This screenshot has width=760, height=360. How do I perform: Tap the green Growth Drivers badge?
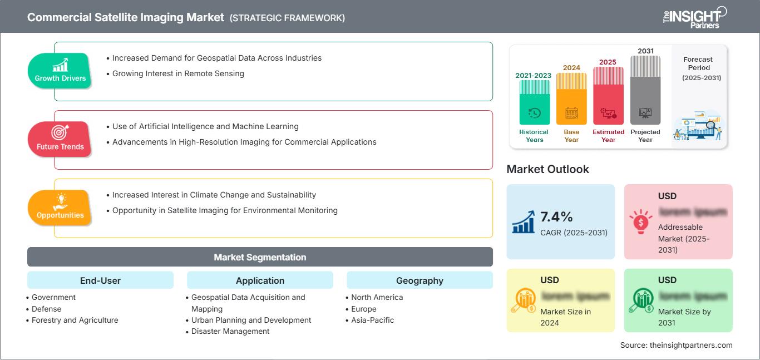coord(60,70)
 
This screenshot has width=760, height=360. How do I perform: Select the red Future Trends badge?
coord(60,139)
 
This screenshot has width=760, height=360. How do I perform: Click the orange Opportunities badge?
coord(60,207)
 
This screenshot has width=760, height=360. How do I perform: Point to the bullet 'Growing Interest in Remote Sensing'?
coord(178,73)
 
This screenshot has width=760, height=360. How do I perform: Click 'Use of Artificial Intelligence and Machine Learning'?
coord(205,126)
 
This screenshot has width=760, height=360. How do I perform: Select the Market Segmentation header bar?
coord(260,257)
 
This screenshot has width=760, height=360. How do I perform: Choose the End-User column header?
coord(100,280)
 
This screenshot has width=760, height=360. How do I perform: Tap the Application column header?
coord(260,280)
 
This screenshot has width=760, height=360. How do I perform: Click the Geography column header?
coord(420,280)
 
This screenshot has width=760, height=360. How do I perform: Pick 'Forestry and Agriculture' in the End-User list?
coord(75,320)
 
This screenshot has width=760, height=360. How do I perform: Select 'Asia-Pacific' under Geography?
coord(372,320)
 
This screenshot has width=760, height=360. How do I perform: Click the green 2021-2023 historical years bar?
coord(534,103)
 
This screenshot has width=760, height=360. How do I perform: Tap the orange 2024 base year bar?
coord(571,100)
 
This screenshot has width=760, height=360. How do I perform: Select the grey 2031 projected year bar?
coord(645,92)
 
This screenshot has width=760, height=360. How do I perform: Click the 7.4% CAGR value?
coord(556,217)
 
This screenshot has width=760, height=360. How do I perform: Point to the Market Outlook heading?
coord(547,169)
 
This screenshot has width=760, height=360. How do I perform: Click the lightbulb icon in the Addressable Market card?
coord(640,222)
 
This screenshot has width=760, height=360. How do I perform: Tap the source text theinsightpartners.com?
coord(676,345)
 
